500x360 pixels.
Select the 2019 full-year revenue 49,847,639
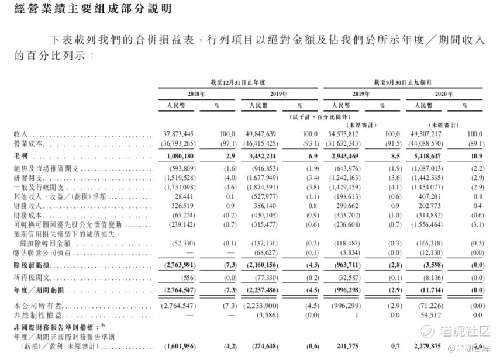click(261, 134)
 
